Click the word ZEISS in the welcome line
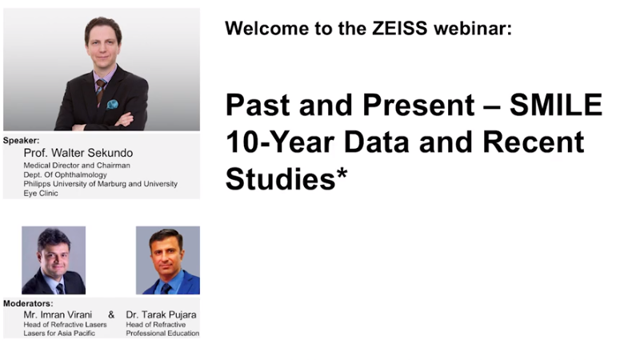(399, 29)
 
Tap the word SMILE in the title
(556, 105)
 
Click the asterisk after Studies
(342, 174)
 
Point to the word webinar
(473, 29)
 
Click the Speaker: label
(22, 141)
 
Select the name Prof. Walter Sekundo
(78, 153)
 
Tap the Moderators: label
(28, 304)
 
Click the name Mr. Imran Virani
(58, 314)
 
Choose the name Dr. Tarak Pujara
(161, 314)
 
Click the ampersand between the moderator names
(111, 314)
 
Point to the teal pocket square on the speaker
(112, 104)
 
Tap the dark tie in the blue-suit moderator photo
(166, 288)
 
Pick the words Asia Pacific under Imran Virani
(77, 333)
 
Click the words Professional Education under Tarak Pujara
(162, 333)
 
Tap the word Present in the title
(418, 105)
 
